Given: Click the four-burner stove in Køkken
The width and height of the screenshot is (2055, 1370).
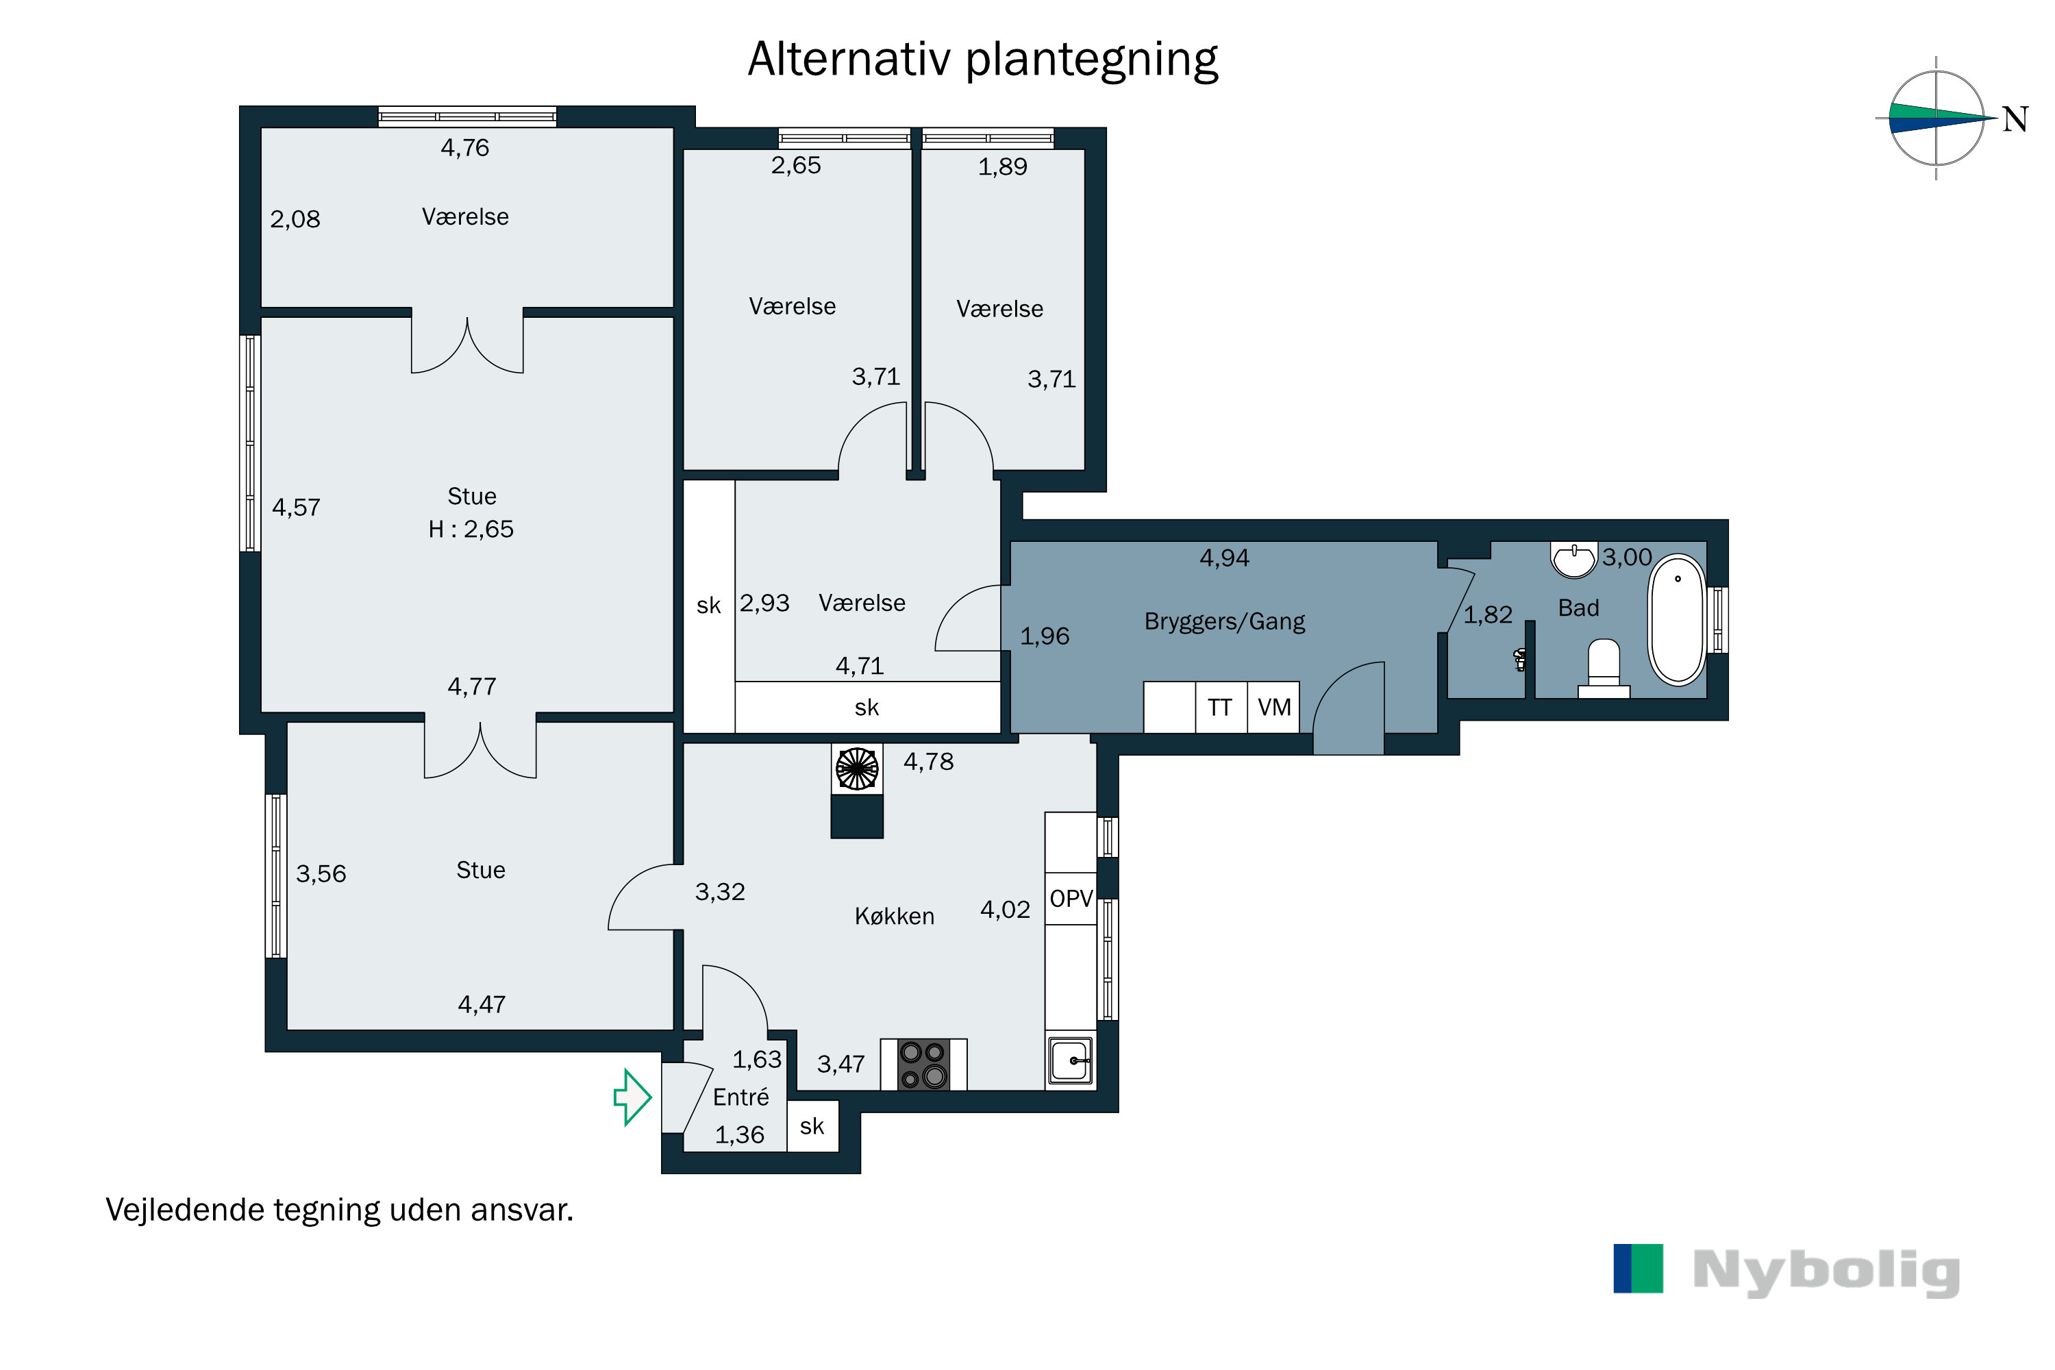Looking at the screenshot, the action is [923, 1064].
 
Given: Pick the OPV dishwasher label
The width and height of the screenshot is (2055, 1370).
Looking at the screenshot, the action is [1071, 898].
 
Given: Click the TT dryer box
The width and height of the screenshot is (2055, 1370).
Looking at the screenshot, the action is [1221, 707].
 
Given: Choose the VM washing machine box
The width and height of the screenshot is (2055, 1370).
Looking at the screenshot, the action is [1274, 707].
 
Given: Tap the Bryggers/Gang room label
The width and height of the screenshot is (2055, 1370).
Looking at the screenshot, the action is [1224, 621].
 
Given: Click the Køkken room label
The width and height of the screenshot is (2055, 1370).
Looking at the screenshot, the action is [894, 916].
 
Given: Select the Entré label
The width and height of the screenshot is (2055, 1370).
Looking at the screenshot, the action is [741, 1097].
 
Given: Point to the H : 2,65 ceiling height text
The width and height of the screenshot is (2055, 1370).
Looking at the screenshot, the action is [471, 529].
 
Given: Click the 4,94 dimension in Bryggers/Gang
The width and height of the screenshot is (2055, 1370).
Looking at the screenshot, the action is [1224, 558].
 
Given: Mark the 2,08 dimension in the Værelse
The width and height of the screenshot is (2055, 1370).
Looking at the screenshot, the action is [295, 219].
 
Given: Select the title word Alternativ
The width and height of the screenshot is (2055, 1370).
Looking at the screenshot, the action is [849, 60].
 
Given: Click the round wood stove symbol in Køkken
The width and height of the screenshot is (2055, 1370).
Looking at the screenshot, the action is [856, 769].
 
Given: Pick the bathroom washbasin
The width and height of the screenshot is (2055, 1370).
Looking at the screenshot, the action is [1573, 559].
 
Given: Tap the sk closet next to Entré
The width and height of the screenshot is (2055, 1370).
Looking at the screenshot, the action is [812, 1126].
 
